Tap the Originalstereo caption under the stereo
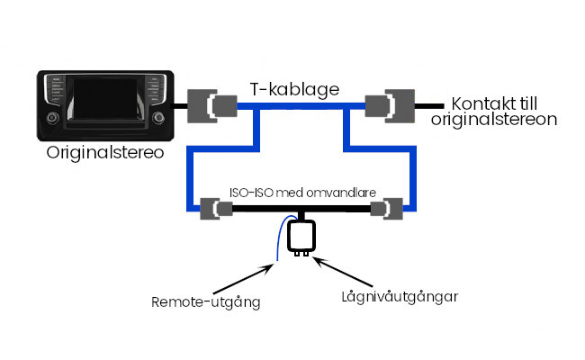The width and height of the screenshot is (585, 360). [x=104, y=152]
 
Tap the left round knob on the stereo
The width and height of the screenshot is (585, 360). [x=54, y=118]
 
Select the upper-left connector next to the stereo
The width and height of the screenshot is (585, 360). [x=210, y=105]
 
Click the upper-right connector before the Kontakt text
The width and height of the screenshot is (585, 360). [x=389, y=105]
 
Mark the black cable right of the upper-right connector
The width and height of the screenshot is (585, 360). [x=432, y=105]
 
